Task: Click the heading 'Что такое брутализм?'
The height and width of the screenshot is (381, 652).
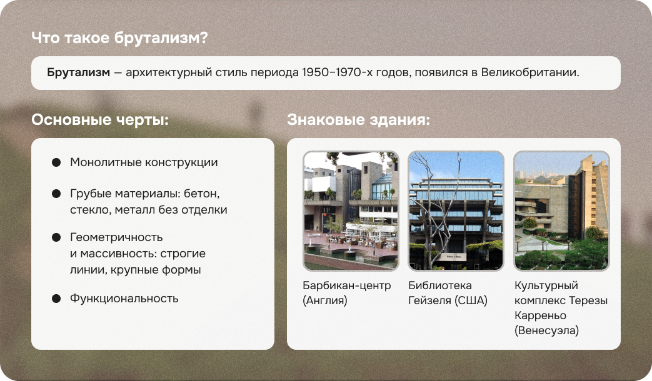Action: click(x=119, y=38)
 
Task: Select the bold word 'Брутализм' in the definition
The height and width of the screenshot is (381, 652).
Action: click(x=78, y=72)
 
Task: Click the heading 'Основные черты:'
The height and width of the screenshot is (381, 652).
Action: click(x=100, y=120)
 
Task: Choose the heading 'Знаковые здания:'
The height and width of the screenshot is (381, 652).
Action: click(x=358, y=120)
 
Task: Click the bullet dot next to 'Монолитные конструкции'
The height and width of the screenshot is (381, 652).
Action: click(x=56, y=162)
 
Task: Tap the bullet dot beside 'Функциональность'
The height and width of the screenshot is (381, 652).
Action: click(x=56, y=299)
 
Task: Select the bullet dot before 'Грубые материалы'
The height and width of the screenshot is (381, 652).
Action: click(x=56, y=194)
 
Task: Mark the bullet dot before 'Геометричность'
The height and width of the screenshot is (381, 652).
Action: click(x=56, y=238)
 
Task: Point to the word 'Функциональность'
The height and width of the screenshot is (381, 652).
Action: click(x=124, y=299)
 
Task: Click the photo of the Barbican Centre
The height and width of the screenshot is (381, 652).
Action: click(x=351, y=211)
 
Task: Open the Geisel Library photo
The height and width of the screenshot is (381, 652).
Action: click(x=456, y=211)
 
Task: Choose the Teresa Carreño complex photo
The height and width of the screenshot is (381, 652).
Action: click(x=561, y=211)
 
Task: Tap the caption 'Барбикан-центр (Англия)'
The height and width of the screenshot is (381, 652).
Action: click(x=346, y=293)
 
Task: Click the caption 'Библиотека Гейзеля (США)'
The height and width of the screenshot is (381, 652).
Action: click(x=448, y=293)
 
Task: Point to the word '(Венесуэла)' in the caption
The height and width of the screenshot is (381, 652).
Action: click(x=546, y=330)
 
